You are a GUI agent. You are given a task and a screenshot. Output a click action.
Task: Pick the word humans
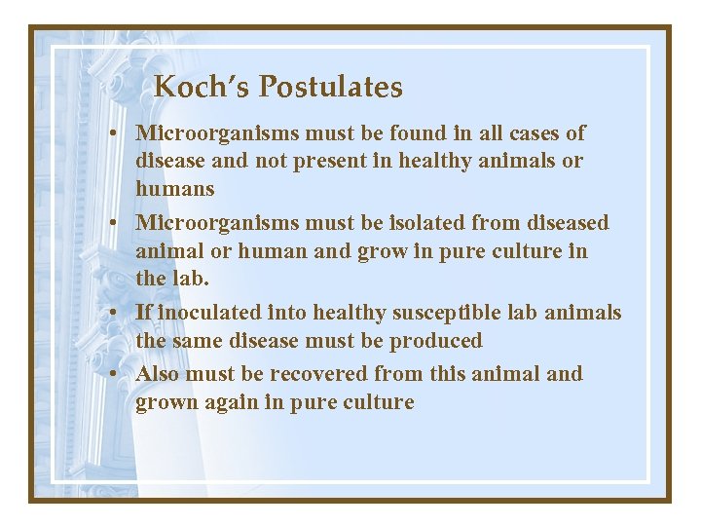[x=175, y=189]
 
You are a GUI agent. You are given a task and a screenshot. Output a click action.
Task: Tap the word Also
[x=159, y=374]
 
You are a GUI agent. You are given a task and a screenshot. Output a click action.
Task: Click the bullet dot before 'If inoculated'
[x=115, y=314]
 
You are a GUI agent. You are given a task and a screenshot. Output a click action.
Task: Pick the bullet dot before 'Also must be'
[x=115, y=375]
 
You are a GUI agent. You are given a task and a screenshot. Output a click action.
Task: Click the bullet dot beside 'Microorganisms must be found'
[x=115, y=133]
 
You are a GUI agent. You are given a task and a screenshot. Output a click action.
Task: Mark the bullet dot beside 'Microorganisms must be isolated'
[x=115, y=224]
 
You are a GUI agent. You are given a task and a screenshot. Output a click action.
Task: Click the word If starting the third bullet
[x=144, y=313]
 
